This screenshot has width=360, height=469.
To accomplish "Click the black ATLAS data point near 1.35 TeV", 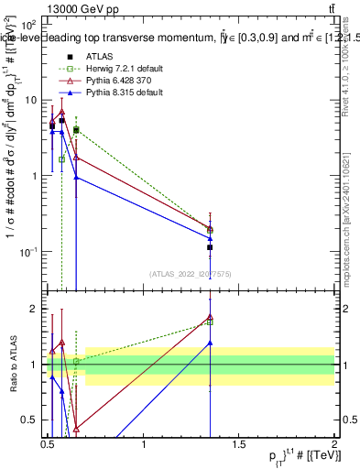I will click(211, 247).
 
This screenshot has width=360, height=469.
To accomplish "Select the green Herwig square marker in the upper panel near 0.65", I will click(76, 130).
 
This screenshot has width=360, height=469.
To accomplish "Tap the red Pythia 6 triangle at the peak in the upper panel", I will click(61, 112).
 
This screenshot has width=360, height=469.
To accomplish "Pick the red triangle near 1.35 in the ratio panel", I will click(211, 318).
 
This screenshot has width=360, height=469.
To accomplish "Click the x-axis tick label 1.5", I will click(240, 444).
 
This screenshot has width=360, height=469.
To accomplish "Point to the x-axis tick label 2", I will click(333, 444).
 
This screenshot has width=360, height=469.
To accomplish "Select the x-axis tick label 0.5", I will click(48, 444).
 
